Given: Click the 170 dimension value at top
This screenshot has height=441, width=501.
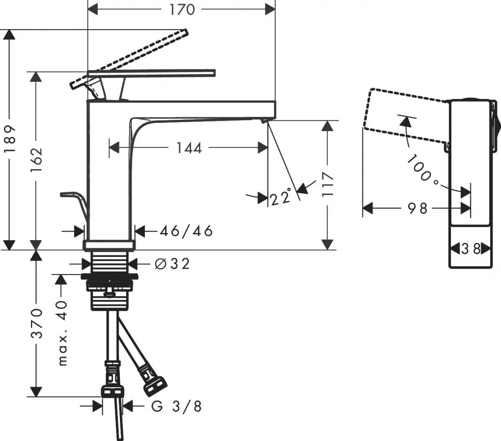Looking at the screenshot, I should point(182,9).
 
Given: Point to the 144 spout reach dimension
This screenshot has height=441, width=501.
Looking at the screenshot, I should point(189,148).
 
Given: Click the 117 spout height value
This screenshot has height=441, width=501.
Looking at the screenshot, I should point(329,184).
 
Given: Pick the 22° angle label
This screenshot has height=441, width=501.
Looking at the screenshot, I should point(280,197).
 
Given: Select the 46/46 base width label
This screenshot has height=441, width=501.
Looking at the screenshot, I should point(186,231).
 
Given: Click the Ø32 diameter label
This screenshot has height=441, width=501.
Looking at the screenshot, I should point(172,264).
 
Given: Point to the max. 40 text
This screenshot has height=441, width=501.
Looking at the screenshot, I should point(62,333).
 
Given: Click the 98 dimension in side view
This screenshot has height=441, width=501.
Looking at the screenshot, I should point(417,208).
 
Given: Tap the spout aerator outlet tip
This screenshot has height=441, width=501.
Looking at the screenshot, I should point(263,121).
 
